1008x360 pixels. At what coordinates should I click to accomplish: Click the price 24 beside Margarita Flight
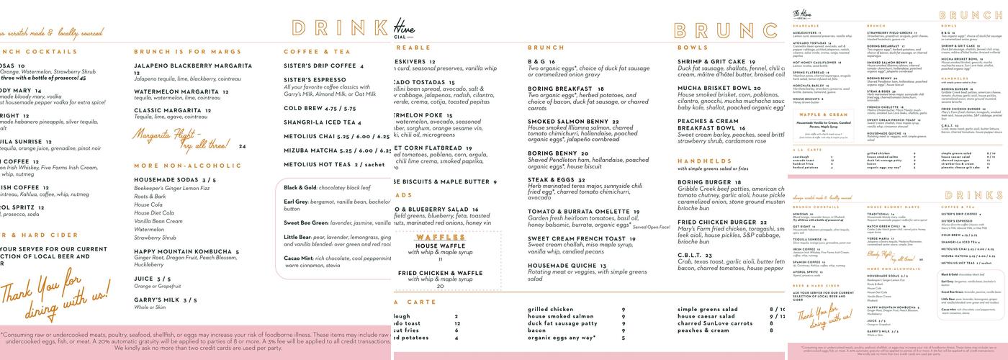pos(242,146)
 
